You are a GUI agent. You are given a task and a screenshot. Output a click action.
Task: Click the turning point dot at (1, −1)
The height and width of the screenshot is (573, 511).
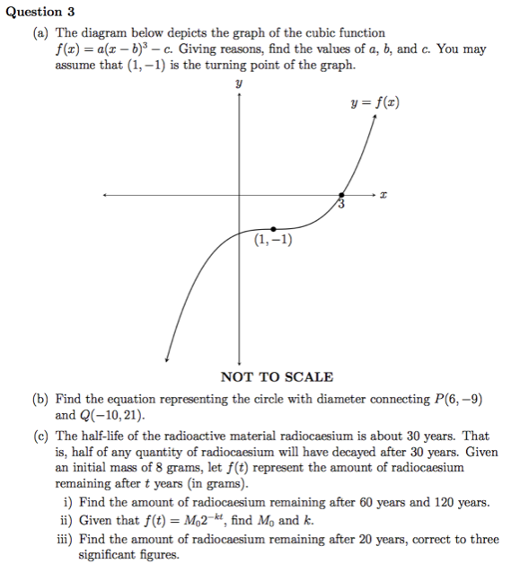pos(274,229)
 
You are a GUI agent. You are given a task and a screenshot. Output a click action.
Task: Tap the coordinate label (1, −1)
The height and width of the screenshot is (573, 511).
pos(273,241)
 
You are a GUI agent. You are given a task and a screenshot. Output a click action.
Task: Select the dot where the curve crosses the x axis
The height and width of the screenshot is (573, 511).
pos(341,195)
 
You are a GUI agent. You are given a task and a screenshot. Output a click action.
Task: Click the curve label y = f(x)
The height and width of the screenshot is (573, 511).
pos(375,103)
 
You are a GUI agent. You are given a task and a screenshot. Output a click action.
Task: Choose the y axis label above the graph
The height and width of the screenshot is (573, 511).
pos(239,83)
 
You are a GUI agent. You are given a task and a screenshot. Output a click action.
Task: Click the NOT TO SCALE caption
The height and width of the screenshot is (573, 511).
pos(278,377)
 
